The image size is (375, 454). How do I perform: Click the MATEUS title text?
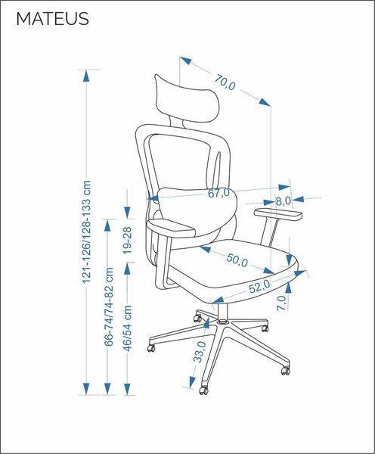click(x=52, y=19)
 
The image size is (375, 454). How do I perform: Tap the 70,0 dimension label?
click(x=225, y=82)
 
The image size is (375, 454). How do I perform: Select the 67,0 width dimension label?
click(x=218, y=193)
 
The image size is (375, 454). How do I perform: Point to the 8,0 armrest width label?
click(x=283, y=201)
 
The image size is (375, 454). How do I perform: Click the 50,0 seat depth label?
click(x=237, y=260)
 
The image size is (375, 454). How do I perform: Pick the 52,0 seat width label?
click(x=259, y=287)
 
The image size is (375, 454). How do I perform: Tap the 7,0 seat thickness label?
click(x=281, y=303)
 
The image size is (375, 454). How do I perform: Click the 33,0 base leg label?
click(x=200, y=352)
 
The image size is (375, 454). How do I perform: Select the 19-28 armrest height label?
click(x=127, y=241)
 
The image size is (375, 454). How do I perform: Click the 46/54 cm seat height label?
click(x=127, y=328)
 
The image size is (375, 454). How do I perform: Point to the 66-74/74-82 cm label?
click(x=108, y=306)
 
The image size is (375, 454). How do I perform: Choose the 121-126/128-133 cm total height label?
click(x=86, y=232)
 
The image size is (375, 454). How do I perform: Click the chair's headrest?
click(x=187, y=99)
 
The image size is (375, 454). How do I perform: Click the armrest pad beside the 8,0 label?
click(x=278, y=213)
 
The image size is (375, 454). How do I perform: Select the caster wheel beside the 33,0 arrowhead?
click(x=203, y=390)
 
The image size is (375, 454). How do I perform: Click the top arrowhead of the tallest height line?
click(x=86, y=76)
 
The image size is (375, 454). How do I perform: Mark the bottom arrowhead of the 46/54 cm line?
click(x=127, y=389)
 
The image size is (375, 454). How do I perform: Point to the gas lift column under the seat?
click(x=222, y=312)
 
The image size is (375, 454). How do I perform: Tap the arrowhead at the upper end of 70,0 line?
click(x=186, y=61)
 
